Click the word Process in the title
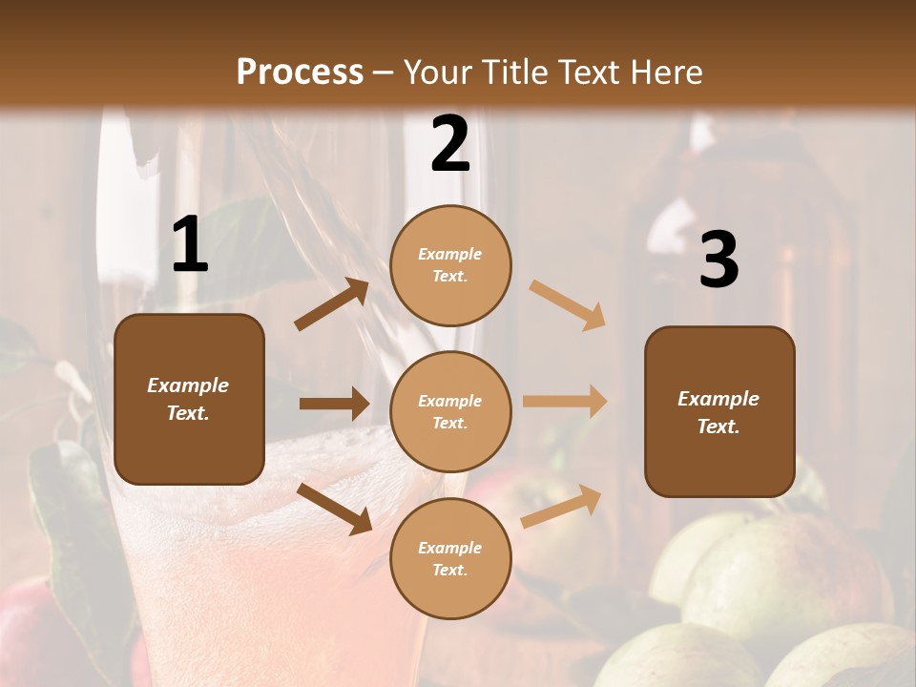coord(300,73)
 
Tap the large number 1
coord(190,246)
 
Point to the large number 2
coord(449,145)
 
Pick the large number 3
coord(718,260)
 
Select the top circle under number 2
coord(450,265)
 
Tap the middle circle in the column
coord(450,411)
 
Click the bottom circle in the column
coord(450,558)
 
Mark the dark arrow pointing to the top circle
coord(331,305)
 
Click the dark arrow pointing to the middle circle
coord(334,404)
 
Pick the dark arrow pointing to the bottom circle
coord(334,508)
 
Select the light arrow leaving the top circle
coord(567,305)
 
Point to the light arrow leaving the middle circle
coord(564,401)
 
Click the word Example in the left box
coord(188,385)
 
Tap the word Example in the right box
coord(718,399)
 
